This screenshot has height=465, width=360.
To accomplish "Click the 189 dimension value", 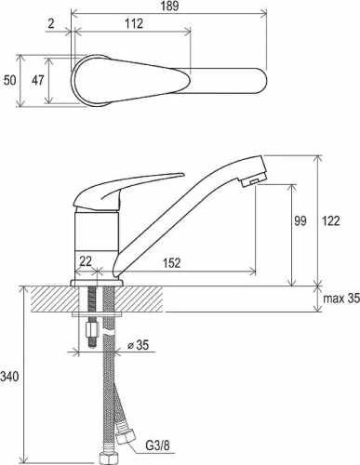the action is [170, 6].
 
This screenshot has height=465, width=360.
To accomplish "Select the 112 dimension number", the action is [134, 23].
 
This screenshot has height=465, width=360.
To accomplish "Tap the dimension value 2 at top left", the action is [51, 23].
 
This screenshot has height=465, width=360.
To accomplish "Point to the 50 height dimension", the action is [9, 81].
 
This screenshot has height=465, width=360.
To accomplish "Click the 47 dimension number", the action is [38, 81].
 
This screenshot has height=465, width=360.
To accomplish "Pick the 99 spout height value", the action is [300, 220].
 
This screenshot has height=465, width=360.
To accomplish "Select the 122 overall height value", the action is [331, 220].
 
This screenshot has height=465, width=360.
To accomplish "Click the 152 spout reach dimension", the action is [171, 263].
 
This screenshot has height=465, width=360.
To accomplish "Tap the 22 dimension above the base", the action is [86, 261].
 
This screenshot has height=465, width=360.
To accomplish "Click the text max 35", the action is [341, 299].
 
